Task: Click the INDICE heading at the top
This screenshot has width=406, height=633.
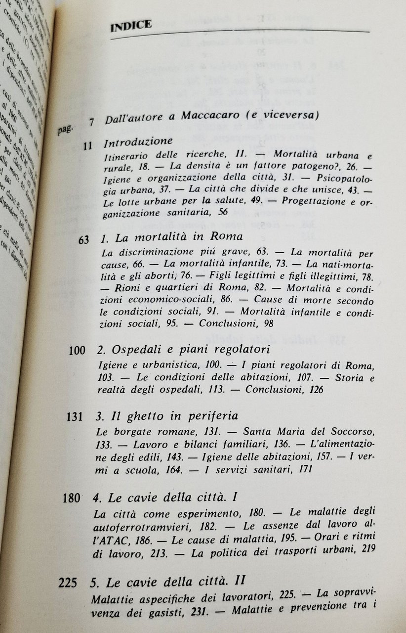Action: pyautogui.click(x=130, y=25)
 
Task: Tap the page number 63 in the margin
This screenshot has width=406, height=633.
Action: pyautogui.click(x=83, y=240)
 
